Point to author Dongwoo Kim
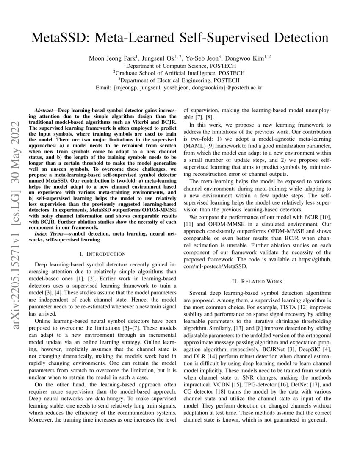click(245, 58)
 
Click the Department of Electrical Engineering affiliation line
click(180, 80)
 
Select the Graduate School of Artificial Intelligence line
click(180, 73)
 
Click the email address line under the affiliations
click(180, 88)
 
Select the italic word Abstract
click(46, 110)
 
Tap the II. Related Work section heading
click(258, 281)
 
